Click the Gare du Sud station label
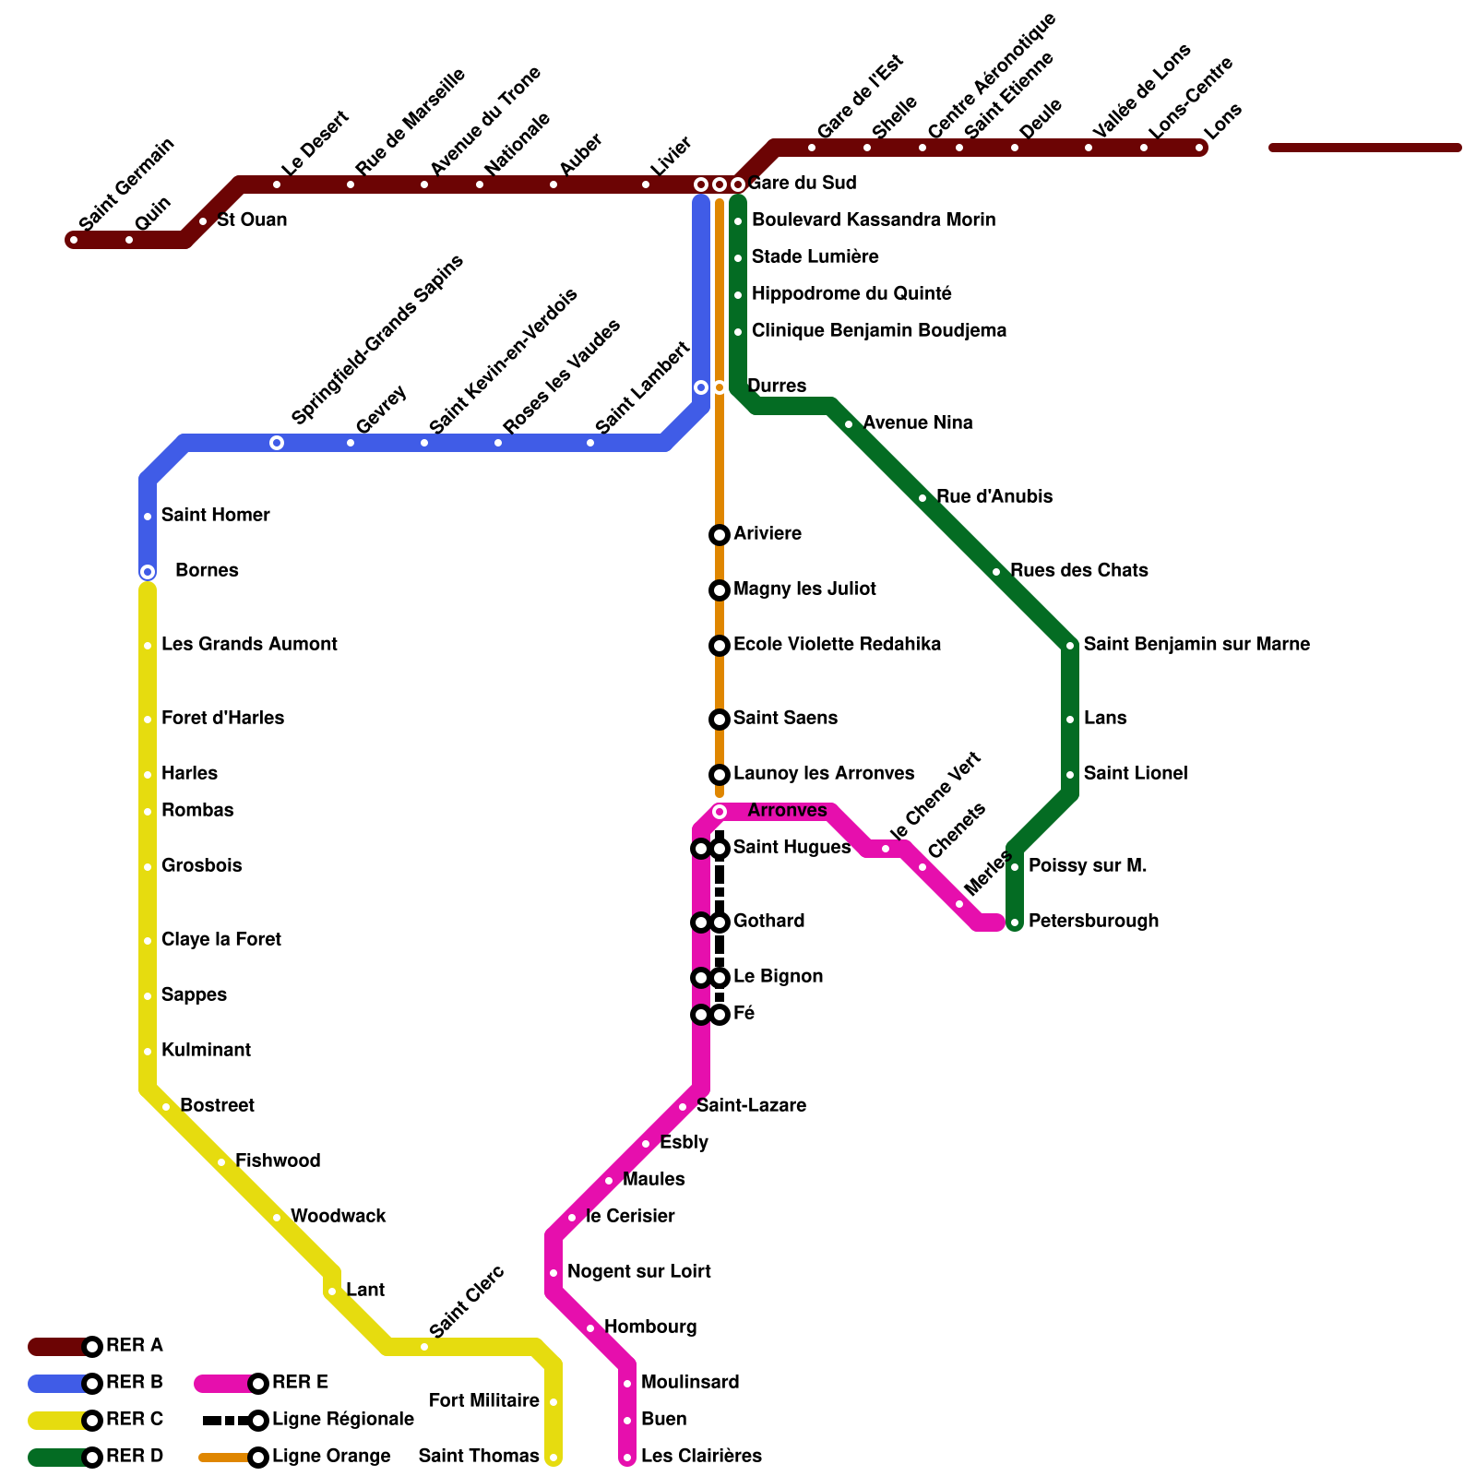tap(802, 183)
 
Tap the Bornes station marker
tap(148, 572)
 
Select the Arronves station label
tap(787, 810)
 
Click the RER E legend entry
tap(300, 1382)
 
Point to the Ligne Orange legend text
tap(331, 1456)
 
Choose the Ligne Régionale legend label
tap(342, 1419)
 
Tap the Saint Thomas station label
tap(479, 1456)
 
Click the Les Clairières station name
tap(701, 1456)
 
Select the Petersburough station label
tap(1093, 921)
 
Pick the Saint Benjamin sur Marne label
tap(1196, 644)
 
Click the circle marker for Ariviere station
tap(720, 535)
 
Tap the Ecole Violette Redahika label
tap(837, 644)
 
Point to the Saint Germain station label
tap(126, 184)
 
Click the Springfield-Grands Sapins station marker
tap(277, 443)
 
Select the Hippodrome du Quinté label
tap(851, 293)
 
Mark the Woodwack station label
tap(338, 1216)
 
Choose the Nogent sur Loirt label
tap(638, 1271)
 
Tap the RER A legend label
tap(134, 1345)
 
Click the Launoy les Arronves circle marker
tap(720, 775)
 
